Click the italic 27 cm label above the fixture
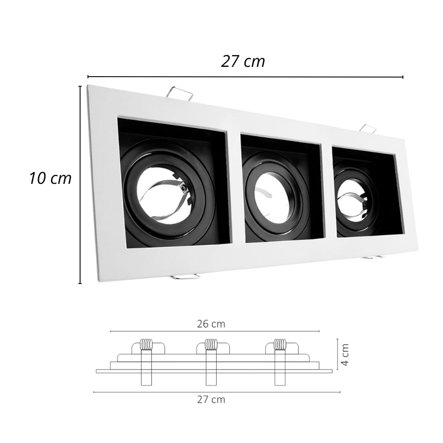pos(243,61)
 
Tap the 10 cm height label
pos(51,178)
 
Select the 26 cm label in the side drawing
pos(211,324)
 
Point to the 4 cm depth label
pos(345,354)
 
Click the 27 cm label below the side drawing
pos(211,400)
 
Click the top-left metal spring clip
pos(180,93)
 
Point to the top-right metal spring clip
pos(368,128)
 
